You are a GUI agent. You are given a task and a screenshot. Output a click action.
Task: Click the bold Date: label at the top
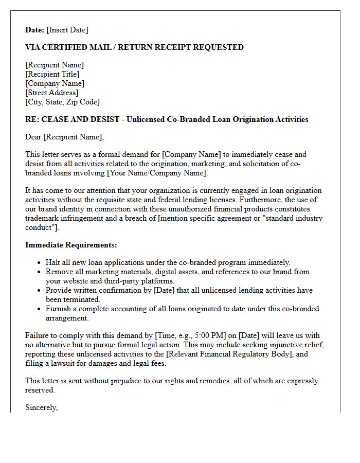pos(35,30)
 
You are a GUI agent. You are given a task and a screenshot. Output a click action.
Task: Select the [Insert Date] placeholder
pos(67,30)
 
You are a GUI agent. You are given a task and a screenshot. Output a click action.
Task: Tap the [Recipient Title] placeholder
pos(52,74)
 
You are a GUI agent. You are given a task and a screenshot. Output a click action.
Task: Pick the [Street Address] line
pos(52,93)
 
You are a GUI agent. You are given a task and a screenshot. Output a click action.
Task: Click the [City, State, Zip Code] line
pos(62,102)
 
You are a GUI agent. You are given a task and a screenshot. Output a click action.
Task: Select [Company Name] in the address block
pos(55,83)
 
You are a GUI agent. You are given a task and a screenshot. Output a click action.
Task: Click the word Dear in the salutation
pos(33,137)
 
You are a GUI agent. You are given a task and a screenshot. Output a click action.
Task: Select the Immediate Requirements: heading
pos(71,245)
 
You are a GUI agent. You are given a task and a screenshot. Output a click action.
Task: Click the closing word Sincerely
pos(41,407)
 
